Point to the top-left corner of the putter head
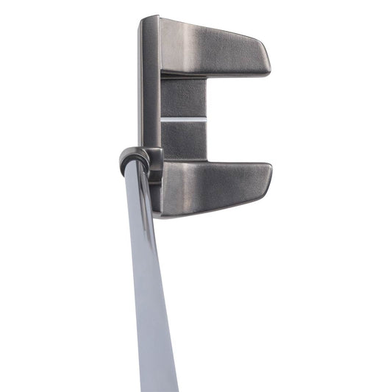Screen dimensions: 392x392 pyautogui.click(x=141, y=18)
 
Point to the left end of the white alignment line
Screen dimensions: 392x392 pyautogui.click(x=163, y=118)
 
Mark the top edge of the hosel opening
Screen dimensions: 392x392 pyautogui.click(x=133, y=151)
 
